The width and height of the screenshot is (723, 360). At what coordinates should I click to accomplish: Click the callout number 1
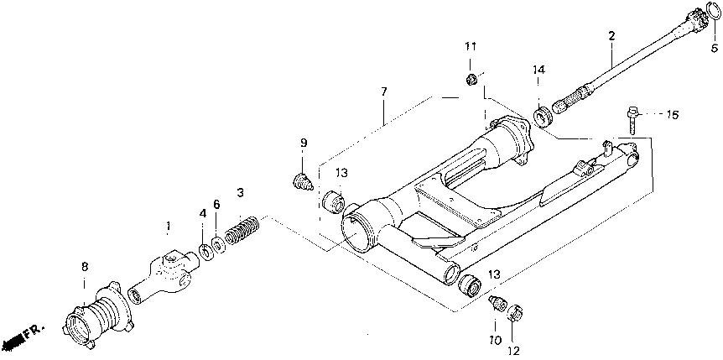click(x=168, y=227)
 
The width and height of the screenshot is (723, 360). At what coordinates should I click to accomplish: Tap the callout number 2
click(x=611, y=36)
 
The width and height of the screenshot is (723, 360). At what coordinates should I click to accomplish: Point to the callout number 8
click(x=84, y=266)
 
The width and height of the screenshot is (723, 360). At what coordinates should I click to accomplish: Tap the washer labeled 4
click(x=205, y=252)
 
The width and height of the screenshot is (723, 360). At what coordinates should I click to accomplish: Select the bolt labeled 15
click(x=631, y=117)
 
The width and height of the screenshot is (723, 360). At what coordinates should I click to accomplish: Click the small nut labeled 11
click(x=472, y=80)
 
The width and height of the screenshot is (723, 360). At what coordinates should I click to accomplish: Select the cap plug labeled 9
click(x=303, y=179)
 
